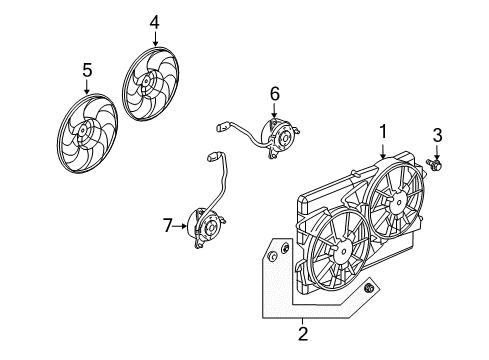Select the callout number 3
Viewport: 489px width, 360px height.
click(x=436, y=136)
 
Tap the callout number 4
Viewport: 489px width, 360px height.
click(x=154, y=21)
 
